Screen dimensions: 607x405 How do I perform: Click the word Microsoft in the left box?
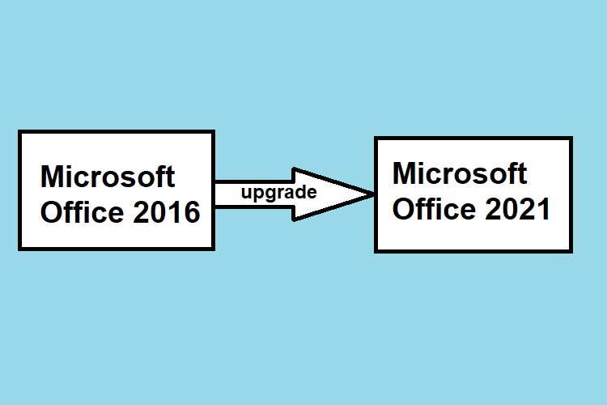click(108, 177)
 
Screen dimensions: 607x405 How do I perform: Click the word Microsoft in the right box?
click(459, 173)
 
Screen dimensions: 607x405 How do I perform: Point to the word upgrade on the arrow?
click(278, 193)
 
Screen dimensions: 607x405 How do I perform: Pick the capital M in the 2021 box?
click(405, 173)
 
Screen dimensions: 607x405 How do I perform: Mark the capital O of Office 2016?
click(51, 213)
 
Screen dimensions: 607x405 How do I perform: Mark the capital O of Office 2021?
click(402, 210)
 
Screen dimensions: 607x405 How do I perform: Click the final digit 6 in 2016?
click(191, 213)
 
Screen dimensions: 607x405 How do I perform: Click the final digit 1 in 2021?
click(543, 210)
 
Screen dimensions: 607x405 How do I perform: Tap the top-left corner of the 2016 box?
click(20, 132)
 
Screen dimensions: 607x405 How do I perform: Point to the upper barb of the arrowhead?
click(295, 171)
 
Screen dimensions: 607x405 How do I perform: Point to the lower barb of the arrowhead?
click(295, 219)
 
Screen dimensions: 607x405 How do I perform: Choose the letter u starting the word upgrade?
click(245, 194)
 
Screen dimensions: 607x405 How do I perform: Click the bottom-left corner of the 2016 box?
click(20, 248)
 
